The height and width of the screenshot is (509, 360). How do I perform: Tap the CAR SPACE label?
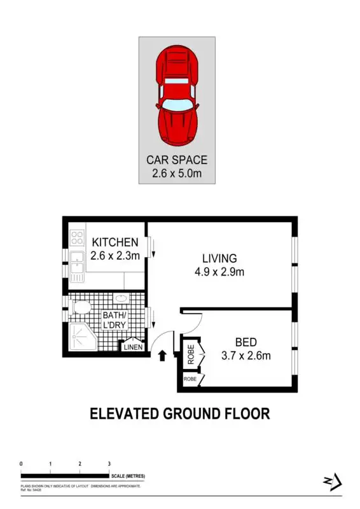coord(177,160)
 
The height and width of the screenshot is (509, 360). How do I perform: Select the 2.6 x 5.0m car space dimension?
coord(177,172)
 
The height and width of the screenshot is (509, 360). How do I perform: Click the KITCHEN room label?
coord(115,242)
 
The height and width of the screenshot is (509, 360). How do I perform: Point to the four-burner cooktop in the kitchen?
coord(77,238)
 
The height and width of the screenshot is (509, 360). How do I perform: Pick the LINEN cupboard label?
coord(133,347)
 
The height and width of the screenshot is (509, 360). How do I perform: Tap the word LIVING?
coord(219,259)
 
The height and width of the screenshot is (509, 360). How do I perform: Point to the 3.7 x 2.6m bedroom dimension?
coord(246,355)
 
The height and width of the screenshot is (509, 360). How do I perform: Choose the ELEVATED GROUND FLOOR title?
coord(179,414)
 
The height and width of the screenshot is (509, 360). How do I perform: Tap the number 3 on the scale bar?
coord(109,464)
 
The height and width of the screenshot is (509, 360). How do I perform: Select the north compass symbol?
coord(333,482)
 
